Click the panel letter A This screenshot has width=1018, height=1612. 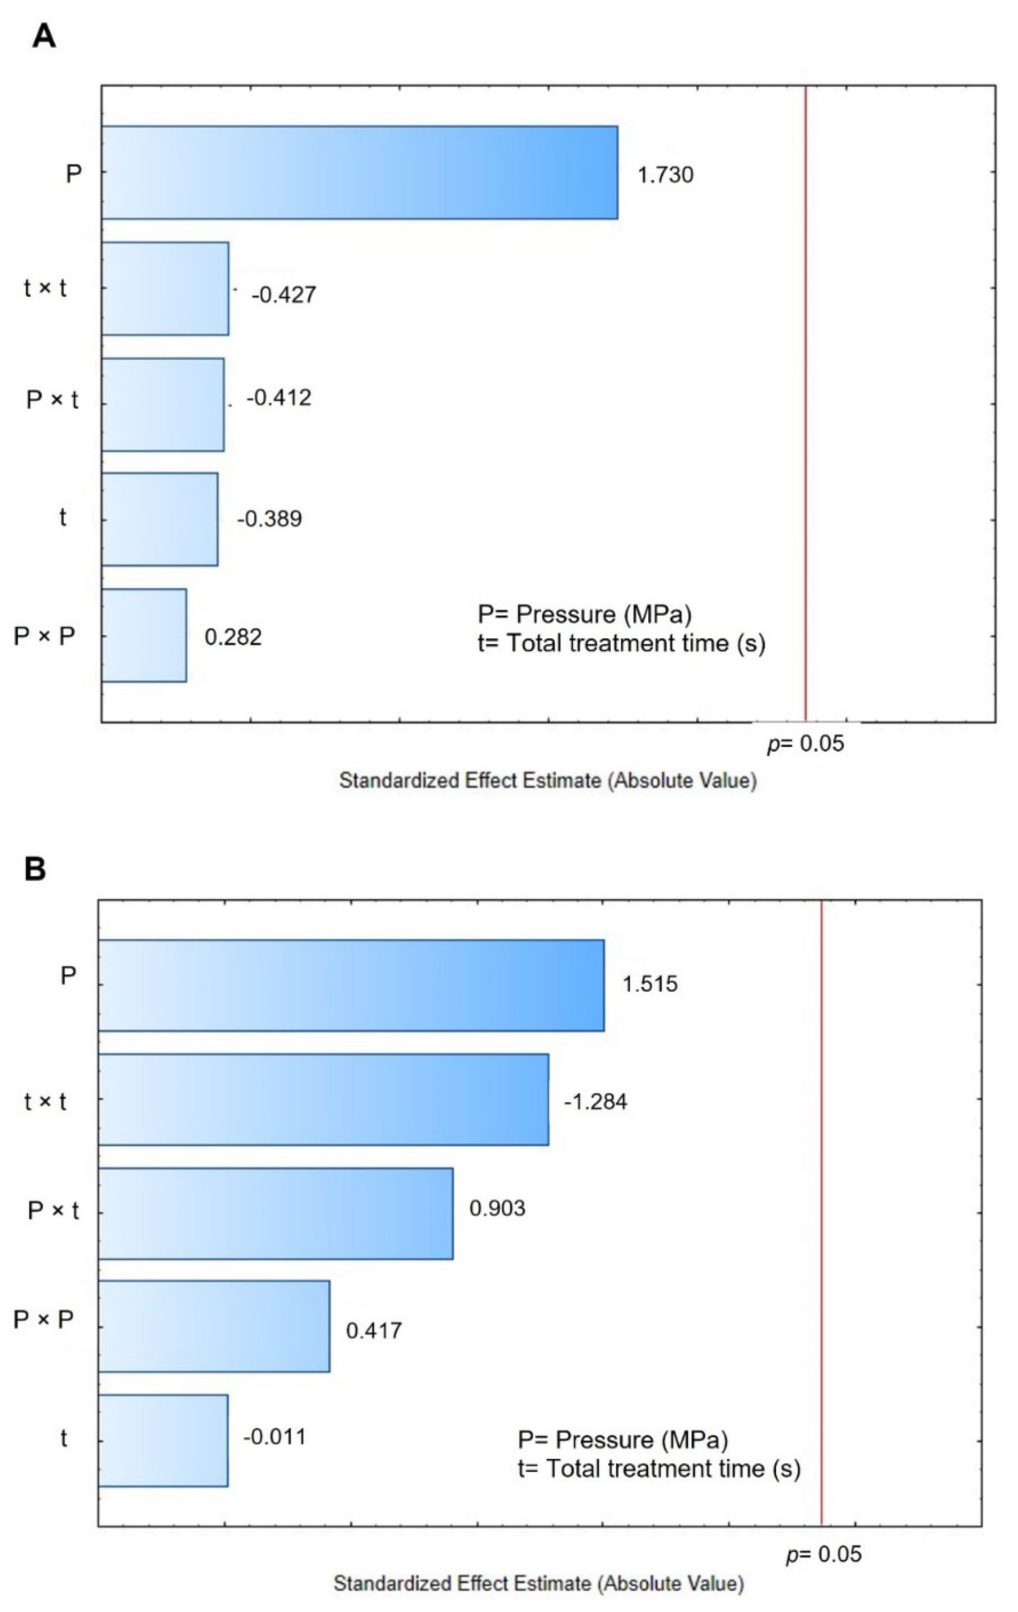click(x=44, y=36)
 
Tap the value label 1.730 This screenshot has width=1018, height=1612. click(x=665, y=175)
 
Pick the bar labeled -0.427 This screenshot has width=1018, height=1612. click(x=165, y=288)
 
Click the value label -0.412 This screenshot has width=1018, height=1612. click(x=279, y=398)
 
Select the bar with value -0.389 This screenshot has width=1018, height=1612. click(x=160, y=519)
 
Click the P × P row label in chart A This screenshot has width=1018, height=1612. click(x=44, y=636)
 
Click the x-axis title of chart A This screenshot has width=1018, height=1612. click(x=547, y=781)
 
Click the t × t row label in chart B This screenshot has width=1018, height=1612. click(x=46, y=1101)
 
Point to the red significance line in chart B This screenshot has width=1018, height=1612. click(x=821, y=1205)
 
